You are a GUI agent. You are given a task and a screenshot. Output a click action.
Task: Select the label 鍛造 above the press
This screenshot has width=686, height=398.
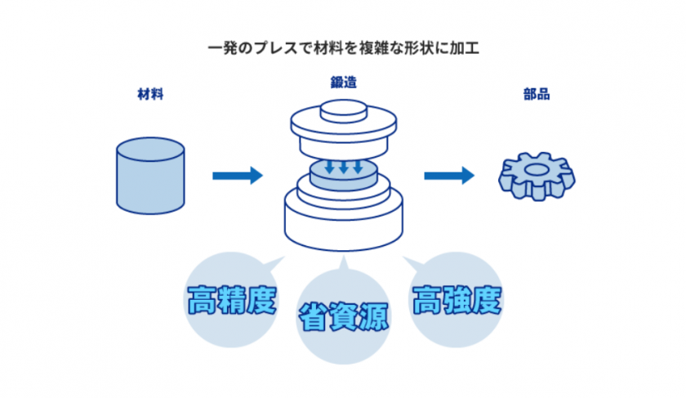pyautogui.click(x=343, y=83)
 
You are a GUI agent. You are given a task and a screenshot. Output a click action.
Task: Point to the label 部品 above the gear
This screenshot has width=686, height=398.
pyautogui.click(x=537, y=94)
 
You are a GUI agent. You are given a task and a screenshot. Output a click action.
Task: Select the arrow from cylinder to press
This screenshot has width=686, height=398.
pyautogui.click(x=237, y=175)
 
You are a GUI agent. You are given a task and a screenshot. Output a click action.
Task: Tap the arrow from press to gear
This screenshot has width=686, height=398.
pyautogui.click(x=448, y=175)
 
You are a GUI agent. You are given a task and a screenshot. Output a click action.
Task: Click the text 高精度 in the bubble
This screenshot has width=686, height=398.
pyautogui.click(x=231, y=302)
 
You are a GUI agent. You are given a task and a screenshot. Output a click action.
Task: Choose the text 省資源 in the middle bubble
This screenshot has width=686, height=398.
pyautogui.click(x=343, y=316)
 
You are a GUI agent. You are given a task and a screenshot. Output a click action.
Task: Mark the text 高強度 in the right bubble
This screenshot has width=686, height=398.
pyautogui.click(x=455, y=302)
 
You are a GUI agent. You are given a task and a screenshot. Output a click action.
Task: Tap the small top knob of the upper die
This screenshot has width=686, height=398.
pyautogui.click(x=343, y=110)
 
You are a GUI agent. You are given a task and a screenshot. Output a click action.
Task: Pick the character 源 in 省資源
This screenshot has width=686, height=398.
pyautogui.click(x=372, y=316)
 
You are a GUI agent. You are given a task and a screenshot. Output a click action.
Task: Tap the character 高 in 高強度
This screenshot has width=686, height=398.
pyautogui.click(x=425, y=302)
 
